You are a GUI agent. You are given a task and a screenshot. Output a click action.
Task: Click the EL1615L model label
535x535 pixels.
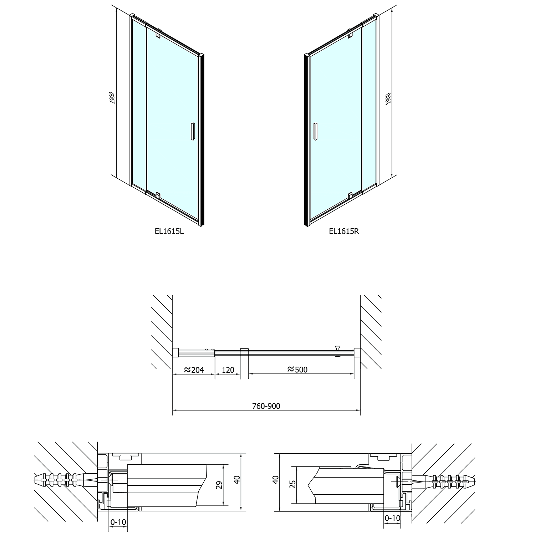point(169,231)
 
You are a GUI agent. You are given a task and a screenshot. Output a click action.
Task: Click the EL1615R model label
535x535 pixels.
point(344,231)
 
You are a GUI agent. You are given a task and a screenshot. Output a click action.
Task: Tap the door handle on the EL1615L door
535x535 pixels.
point(192,132)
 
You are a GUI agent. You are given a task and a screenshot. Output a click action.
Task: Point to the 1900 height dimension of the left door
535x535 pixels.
point(112,98)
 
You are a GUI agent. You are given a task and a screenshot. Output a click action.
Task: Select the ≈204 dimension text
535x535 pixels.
point(194,370)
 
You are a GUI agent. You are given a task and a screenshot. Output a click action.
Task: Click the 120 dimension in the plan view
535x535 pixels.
point(228,370)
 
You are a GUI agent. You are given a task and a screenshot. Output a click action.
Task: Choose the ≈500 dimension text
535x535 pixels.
point(297,370)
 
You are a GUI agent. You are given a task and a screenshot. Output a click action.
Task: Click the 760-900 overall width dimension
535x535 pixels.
point(266,406)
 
